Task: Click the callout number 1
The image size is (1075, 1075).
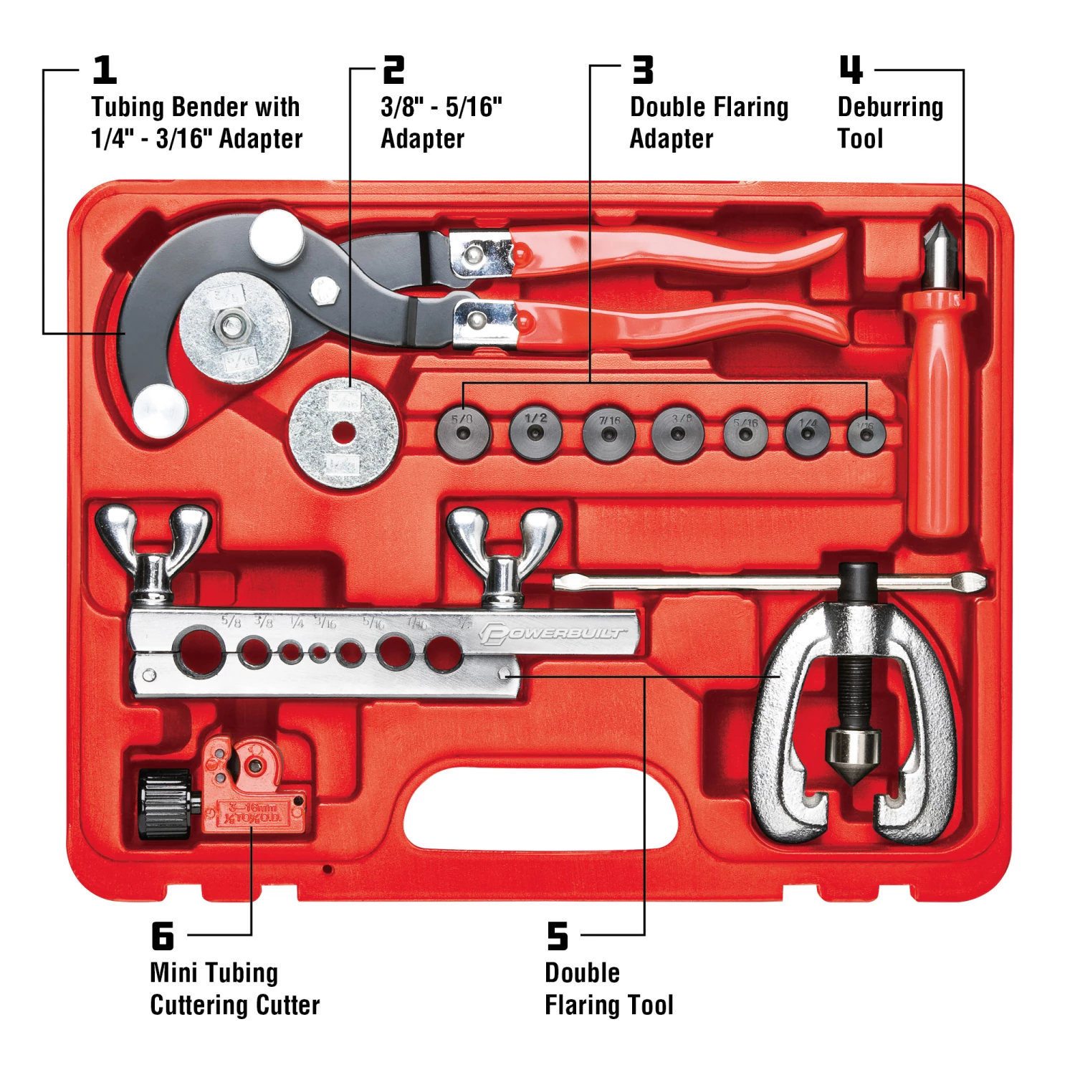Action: point(105,70)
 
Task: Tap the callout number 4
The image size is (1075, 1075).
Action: point(851,70)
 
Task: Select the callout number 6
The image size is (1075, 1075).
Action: point(163,936)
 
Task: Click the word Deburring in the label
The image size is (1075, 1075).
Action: point(890,107)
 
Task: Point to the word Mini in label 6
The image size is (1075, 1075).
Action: point(173,973)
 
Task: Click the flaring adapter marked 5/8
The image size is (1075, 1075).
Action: point(464,433)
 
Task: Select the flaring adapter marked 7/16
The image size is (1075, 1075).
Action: point(608,434)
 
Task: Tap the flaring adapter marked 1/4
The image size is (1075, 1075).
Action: point(808,433)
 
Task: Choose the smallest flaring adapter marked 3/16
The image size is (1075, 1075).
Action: point(866,434)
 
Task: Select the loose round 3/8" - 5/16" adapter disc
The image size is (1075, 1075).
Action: point(343,433)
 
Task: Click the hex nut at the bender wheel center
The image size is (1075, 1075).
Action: point(231,327)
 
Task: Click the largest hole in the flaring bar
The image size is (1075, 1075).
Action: point(199,650)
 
